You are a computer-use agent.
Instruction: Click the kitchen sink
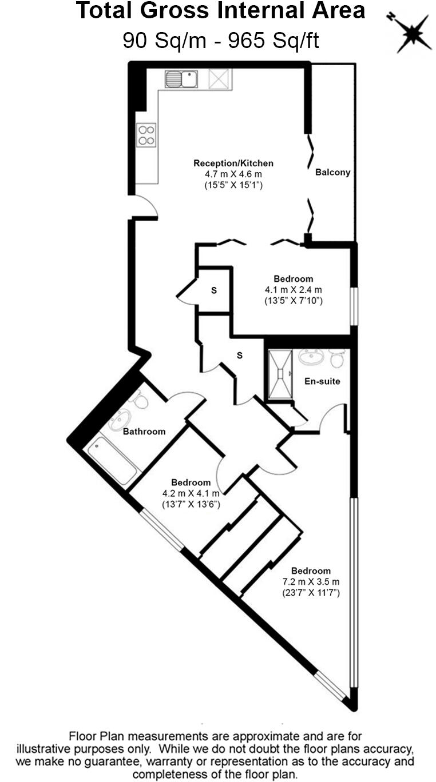(181, 79)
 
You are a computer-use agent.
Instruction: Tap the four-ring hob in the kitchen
(146, 135)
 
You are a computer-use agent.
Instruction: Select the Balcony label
(332, 172)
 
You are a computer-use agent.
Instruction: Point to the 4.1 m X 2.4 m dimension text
(293, 289)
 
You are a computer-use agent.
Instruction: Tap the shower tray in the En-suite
(280, 374)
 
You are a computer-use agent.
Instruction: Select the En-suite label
(322, 381)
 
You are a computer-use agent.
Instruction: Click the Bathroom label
(144, 432)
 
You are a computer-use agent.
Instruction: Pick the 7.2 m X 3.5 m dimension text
(311, 582)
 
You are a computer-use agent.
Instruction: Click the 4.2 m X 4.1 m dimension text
(191, 493)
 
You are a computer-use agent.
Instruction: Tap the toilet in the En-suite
(337, 358)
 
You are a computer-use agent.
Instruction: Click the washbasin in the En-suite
(311, 357)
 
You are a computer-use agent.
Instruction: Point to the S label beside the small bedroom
(214, 290)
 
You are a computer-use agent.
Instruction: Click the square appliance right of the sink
(220, 79)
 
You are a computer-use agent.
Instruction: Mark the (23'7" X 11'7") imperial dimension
(311, 593)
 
